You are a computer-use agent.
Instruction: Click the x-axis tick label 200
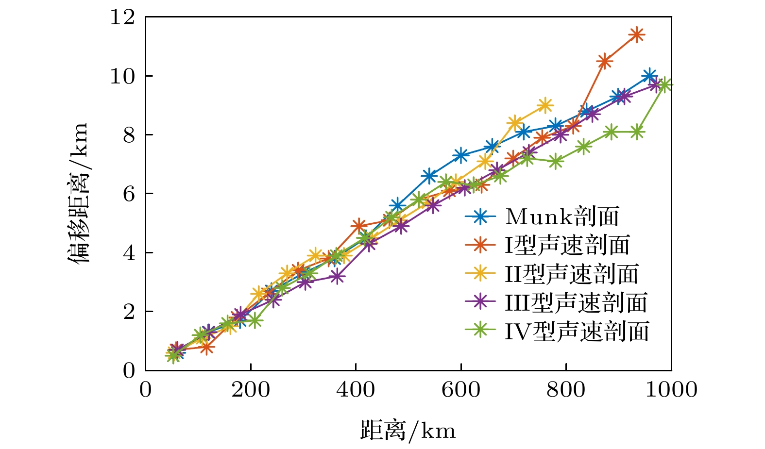(251, 390)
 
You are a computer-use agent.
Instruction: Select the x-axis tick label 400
(356, 390)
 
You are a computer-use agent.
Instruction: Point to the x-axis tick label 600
(460, 390)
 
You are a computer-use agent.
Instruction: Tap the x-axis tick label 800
(566, 390)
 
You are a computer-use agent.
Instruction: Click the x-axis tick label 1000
(671, 390)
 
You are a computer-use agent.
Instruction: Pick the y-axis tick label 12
(122, 17)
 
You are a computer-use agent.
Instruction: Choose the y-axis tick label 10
(122, 76)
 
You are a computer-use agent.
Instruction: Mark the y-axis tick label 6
(129, 194)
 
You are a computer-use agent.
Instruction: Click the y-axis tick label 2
(129, 312)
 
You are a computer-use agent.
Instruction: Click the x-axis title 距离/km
(408, 431)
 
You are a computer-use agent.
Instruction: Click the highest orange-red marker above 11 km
(637, 34)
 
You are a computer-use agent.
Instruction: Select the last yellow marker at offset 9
(545, 105)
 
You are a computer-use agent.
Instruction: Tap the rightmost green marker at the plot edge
(665, 85)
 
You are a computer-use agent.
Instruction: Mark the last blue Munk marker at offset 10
(649, 76)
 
